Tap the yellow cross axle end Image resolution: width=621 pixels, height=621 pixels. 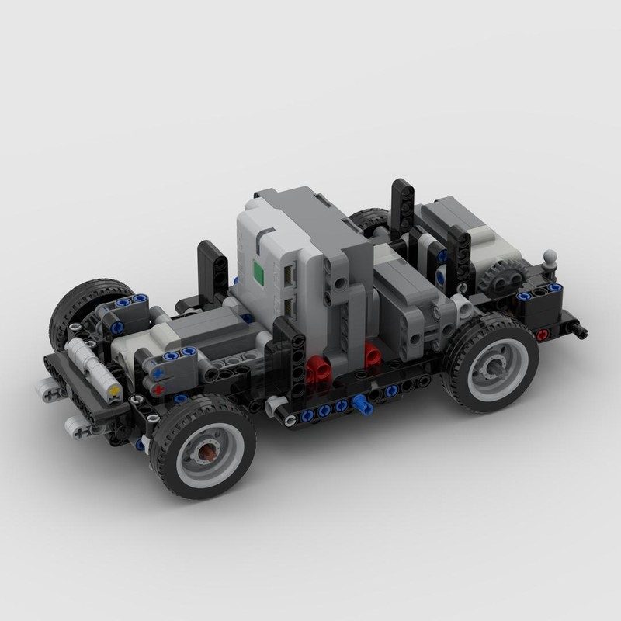(x=115, y=390)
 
